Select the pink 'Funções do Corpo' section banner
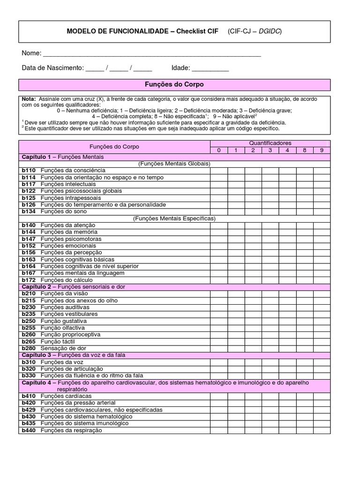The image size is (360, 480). pos(174,85)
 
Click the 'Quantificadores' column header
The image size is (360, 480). pos(270,143)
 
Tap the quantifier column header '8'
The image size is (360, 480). pos(305,150)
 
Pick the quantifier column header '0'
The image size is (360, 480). pos(218,150)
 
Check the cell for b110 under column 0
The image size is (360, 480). pos(218,170)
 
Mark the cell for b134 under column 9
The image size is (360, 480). pos(322,211)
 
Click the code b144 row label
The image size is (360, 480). pos(29,232)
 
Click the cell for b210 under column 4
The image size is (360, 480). pos(287,294)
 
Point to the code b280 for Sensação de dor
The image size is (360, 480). pos(29,349)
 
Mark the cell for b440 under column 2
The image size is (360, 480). pos(253,431)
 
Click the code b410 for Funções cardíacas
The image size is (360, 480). pos(29,396)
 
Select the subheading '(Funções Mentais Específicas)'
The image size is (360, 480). pos(174,218)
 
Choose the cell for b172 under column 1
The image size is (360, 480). pos(236,280)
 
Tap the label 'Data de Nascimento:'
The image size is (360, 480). pos(52,68)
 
